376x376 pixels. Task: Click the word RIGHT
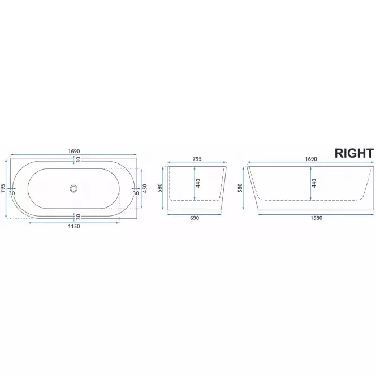[354, 153]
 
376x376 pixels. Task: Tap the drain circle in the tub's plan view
[74, 188]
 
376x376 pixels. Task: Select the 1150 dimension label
[74, 226]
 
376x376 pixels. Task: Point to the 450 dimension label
[145, 188]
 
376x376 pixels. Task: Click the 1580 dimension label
[316, 218]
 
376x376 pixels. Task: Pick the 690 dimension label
[195, 218]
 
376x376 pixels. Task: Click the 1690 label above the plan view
[74, 152]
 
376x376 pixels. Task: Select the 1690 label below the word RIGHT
[311, 159]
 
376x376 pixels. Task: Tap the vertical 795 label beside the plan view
[3, 188]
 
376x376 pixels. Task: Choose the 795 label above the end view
[197, 159]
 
